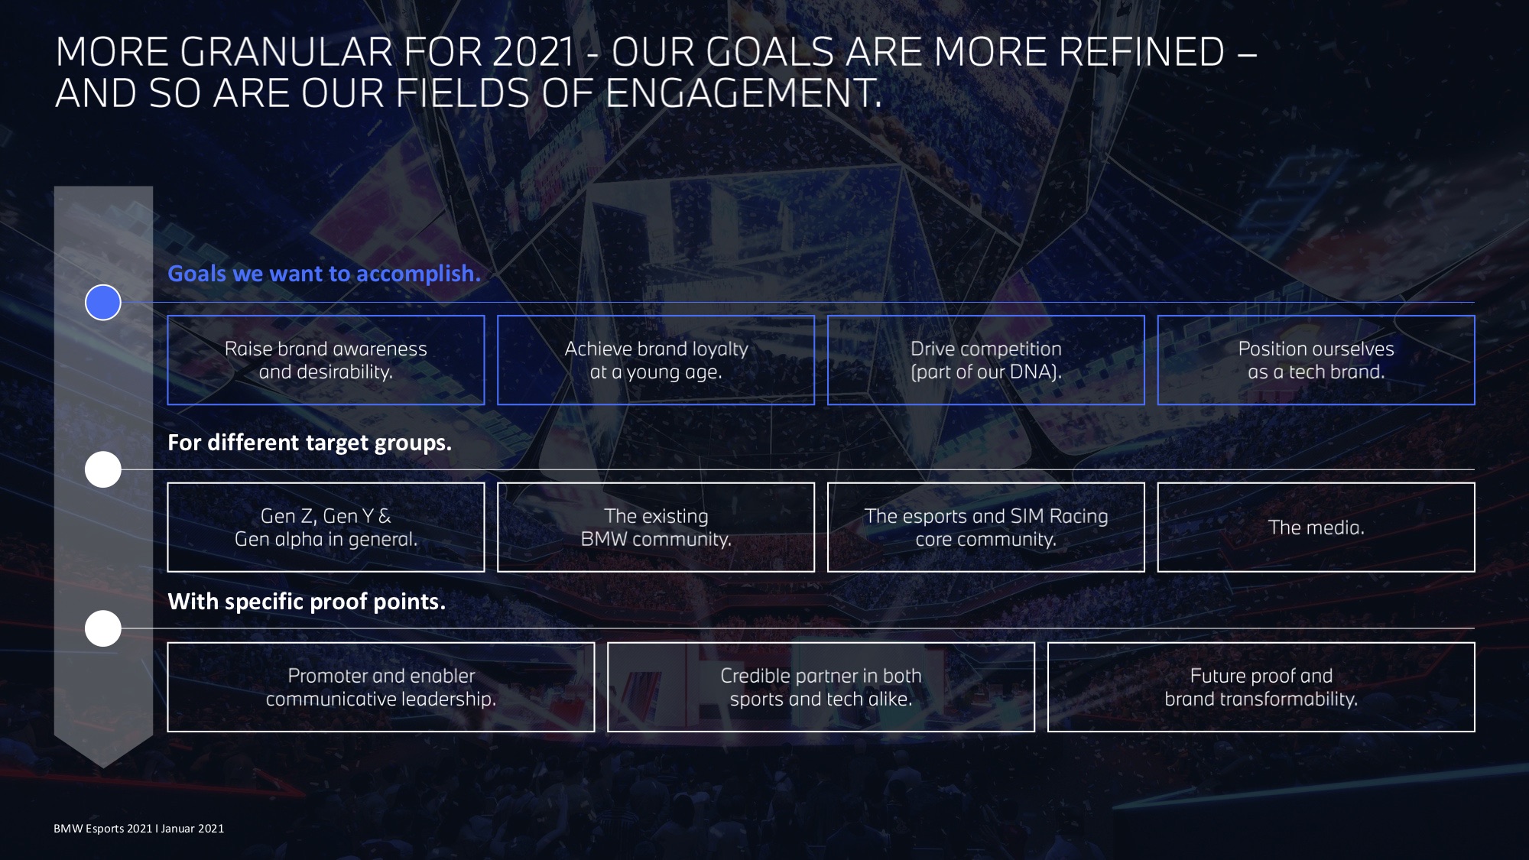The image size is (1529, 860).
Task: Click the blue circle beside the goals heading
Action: (103, 303)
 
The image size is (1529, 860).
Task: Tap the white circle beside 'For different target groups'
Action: (103, 469)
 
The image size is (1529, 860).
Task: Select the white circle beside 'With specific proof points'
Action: (103, 628)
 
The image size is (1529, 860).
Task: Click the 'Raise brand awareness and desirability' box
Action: (326, 360)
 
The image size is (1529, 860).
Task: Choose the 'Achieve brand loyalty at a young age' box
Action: (656, 360)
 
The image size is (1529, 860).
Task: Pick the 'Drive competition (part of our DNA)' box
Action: (986, 360)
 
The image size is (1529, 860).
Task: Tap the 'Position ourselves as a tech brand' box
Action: (1316, 360)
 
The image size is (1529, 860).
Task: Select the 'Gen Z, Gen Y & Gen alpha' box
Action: (326, 527)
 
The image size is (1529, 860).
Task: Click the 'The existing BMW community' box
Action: (656, 527)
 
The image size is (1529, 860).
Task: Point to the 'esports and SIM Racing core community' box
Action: (986, 527)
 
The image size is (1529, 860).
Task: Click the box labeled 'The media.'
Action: (1316, 527)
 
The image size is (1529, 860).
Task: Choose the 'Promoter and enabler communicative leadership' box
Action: (381, 687)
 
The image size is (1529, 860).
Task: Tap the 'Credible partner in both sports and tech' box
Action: (821, 687)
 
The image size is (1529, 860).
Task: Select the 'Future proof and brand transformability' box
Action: (1261, 687)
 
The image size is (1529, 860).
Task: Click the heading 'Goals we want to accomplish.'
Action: (324, 274)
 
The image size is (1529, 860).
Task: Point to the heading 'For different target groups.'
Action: (310, 443)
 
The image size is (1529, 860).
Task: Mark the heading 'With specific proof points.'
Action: (307, 602)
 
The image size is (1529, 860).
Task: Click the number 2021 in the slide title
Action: (533, 52)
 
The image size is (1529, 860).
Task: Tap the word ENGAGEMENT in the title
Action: (743, 93)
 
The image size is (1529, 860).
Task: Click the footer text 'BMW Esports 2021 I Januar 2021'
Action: (139, 829)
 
